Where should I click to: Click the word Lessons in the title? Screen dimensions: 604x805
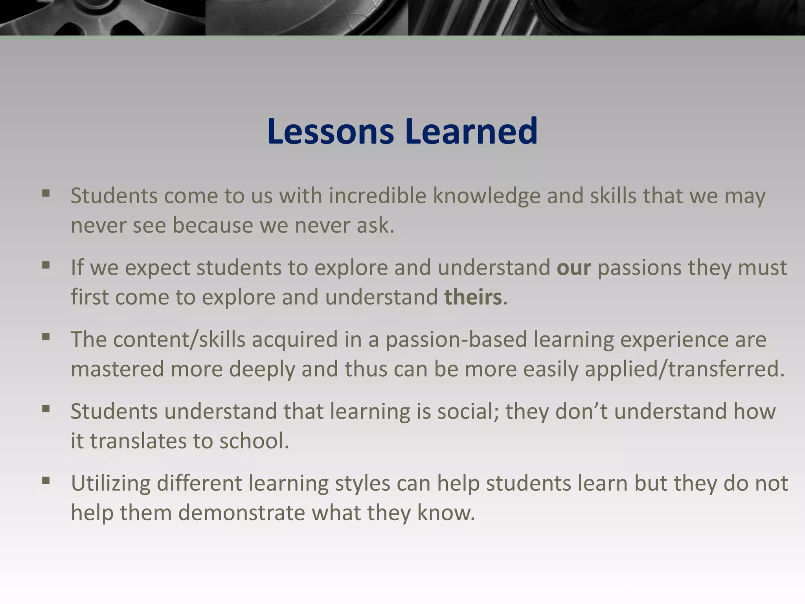[330, 131]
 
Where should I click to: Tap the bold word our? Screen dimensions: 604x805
[573, 268]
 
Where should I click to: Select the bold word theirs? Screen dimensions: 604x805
[473, 297]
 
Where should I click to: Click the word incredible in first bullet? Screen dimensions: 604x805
[377, 196]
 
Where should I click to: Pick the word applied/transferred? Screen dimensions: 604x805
[684, 369]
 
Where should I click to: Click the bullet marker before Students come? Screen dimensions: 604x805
[46, 193]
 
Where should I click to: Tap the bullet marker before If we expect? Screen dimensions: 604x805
[46, 265]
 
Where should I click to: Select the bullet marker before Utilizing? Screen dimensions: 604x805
[46, 481]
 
